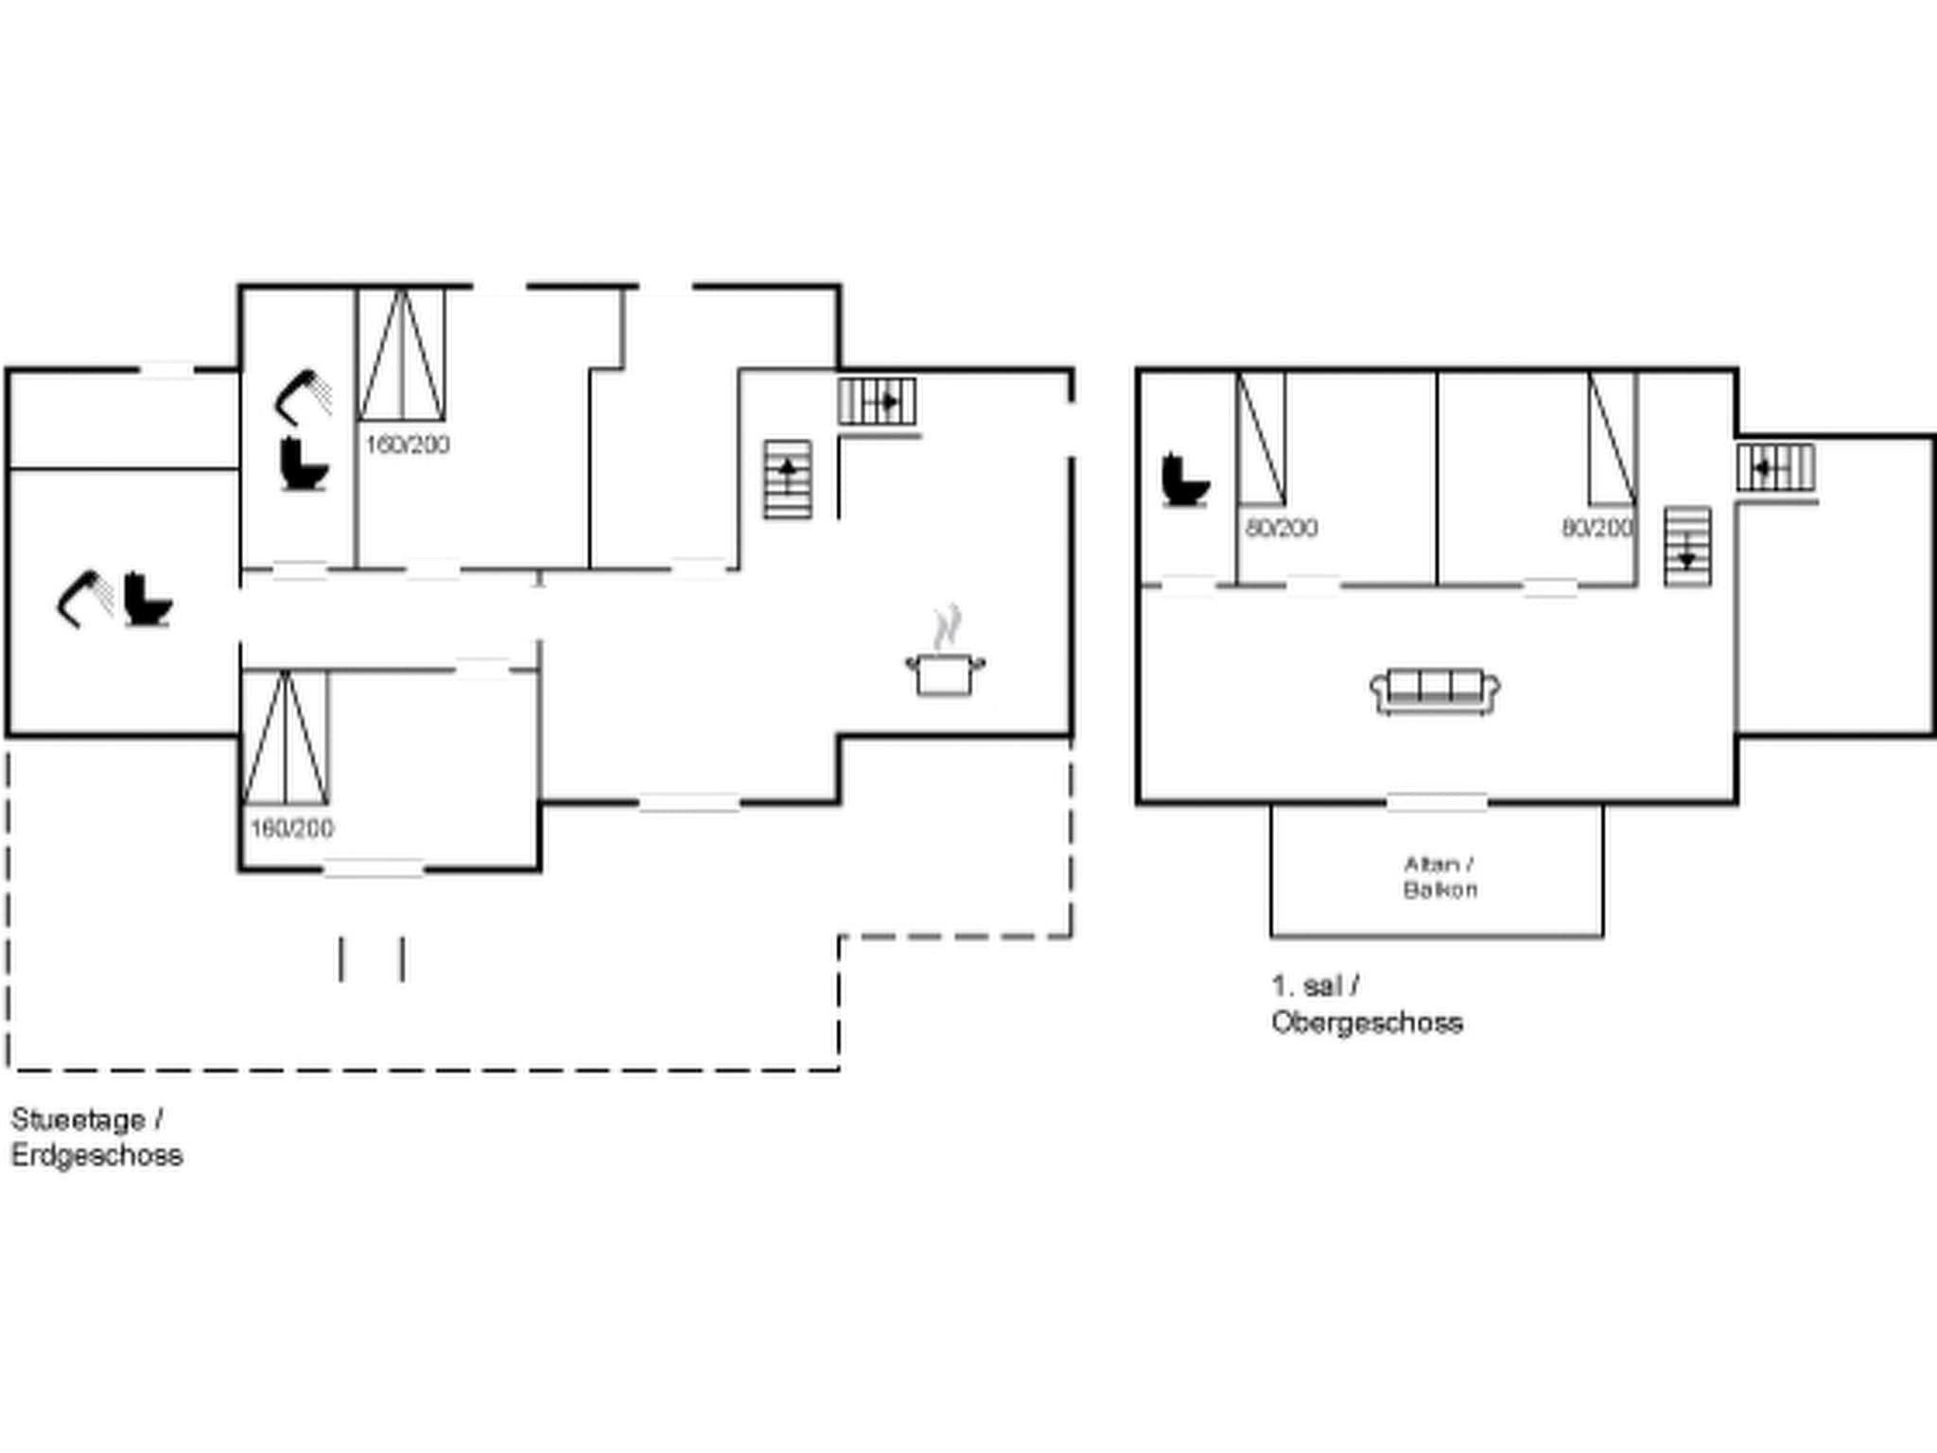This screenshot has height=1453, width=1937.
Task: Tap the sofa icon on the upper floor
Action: tap(1435, 691)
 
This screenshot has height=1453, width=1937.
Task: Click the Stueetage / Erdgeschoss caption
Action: tap(96, 1138)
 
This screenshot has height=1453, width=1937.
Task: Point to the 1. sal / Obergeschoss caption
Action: tap(1366, 1005)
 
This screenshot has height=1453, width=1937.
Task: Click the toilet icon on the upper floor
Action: tap(1184, 481)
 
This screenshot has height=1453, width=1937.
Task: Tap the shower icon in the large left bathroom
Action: tap(84, 599)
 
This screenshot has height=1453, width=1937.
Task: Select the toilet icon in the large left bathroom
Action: tap(148, 600)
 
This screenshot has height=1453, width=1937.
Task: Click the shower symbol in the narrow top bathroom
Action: tap(304, 396)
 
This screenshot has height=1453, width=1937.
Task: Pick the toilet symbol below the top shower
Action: tap(304, 464)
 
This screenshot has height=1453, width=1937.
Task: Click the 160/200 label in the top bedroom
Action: tap(408, 445)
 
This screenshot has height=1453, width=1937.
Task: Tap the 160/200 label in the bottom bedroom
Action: tap(291, 829)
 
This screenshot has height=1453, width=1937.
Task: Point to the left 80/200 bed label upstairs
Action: tap(1282, 528)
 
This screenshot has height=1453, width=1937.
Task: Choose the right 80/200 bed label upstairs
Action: tap(1597, 528)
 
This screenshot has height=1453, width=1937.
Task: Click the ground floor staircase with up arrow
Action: tap(788, 480)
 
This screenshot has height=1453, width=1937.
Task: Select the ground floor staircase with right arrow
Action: tap(878, 402)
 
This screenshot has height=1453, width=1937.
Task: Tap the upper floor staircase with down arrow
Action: tap(1687, 547)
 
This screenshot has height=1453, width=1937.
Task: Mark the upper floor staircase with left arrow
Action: tap(1775, 468)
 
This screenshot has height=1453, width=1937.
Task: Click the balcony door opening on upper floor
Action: tap(1437, 803)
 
